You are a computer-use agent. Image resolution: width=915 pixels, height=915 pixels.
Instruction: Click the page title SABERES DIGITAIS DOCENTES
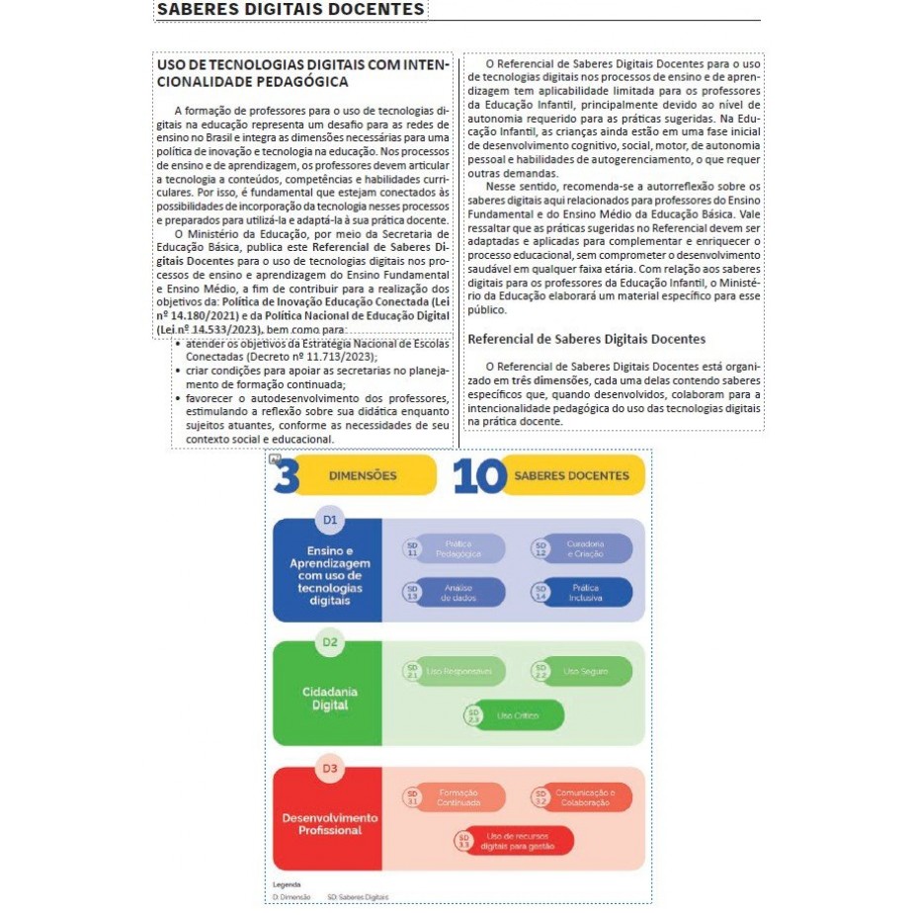[x=291, y=10]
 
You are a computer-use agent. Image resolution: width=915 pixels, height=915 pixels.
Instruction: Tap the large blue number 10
[x=479, y=475]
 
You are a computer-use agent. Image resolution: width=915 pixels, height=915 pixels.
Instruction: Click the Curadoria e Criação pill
[x=582, y=548]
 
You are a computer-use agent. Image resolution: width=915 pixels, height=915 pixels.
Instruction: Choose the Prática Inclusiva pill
[x=582, y=592]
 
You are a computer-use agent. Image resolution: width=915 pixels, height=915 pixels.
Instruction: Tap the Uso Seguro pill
[x=582, y=672]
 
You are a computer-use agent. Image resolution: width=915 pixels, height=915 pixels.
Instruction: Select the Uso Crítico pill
[x=514, y=714]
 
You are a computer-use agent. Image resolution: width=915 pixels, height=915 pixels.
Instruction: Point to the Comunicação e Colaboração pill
[x=582, y=796]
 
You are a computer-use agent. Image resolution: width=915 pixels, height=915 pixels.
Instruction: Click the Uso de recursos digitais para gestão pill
[x=514, y=840]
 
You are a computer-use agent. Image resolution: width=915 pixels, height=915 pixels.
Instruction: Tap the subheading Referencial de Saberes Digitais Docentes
[x=587, y=339]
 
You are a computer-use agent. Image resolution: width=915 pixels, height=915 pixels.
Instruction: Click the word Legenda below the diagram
[x=287, y=883]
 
